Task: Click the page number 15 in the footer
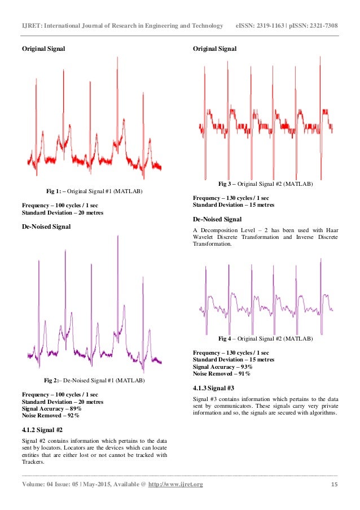334,485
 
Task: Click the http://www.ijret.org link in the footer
175,485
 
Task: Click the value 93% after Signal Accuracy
247,367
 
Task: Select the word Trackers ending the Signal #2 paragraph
34,463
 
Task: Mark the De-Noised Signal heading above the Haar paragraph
217,219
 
